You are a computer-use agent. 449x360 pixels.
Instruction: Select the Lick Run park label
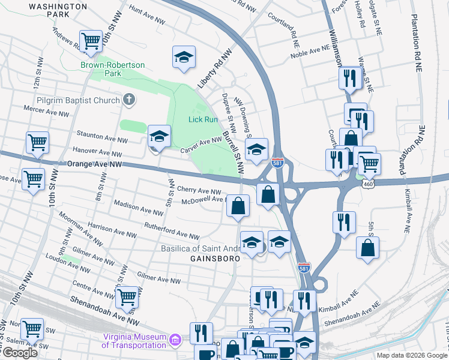[203, 121]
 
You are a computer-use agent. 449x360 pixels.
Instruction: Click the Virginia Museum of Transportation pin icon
[175, 341]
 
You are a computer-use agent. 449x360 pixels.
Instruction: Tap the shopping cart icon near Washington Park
[90, 41]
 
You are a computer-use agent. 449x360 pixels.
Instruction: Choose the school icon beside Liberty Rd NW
[184, 58]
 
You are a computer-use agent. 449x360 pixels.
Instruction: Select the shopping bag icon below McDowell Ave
[238, 206]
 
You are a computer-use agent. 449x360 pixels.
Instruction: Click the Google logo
[20, 353]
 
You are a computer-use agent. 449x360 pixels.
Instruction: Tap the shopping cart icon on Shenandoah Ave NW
[127, 296]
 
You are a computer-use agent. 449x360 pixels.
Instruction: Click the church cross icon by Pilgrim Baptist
[128, 100]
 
